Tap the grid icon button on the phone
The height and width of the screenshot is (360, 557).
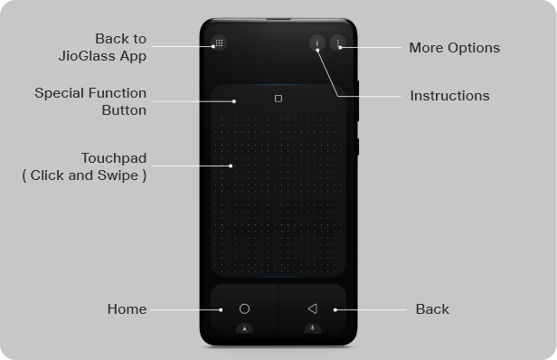click(219, 43)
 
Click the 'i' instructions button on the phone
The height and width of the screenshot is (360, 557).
click(316, 43)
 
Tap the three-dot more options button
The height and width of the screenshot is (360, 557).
click(338, 43)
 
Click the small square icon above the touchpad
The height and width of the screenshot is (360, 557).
click(278, 99)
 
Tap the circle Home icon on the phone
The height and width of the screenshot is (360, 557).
click(244, 308)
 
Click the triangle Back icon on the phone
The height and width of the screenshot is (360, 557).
click(312, 308)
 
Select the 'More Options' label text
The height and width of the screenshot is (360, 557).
click(454, 48)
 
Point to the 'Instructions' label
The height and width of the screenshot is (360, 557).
click(449, 95)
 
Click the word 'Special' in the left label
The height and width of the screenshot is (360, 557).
click(57, 93)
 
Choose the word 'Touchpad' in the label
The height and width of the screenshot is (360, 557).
click(113, 158)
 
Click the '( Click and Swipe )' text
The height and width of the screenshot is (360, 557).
click(84, 175)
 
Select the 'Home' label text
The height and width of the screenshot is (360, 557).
click(127, 308)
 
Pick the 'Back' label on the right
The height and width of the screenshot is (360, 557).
click(432, 308)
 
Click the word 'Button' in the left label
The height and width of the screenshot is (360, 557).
click(124, 110)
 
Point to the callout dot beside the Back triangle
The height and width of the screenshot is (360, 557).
click(335, 309)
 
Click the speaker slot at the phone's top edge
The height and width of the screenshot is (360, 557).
click(278, 18)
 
